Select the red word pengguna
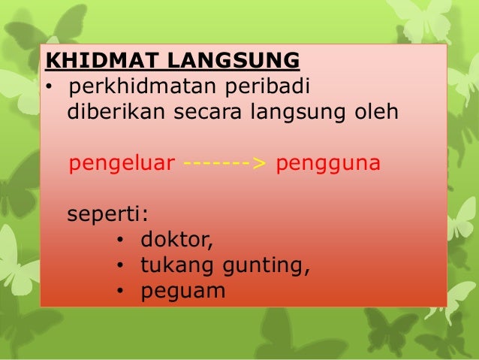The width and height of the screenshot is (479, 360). tap(328, 164)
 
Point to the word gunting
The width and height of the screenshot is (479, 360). tap(263, 266)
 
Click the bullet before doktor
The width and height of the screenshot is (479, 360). tap(121, 241)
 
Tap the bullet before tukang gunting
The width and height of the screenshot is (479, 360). tap(121, 267)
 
